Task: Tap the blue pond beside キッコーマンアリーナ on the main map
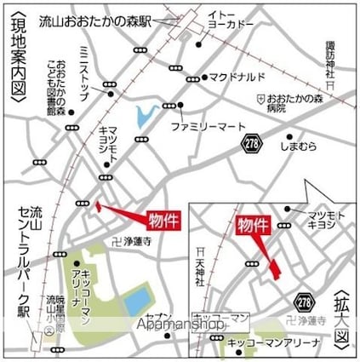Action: [135, 299]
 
